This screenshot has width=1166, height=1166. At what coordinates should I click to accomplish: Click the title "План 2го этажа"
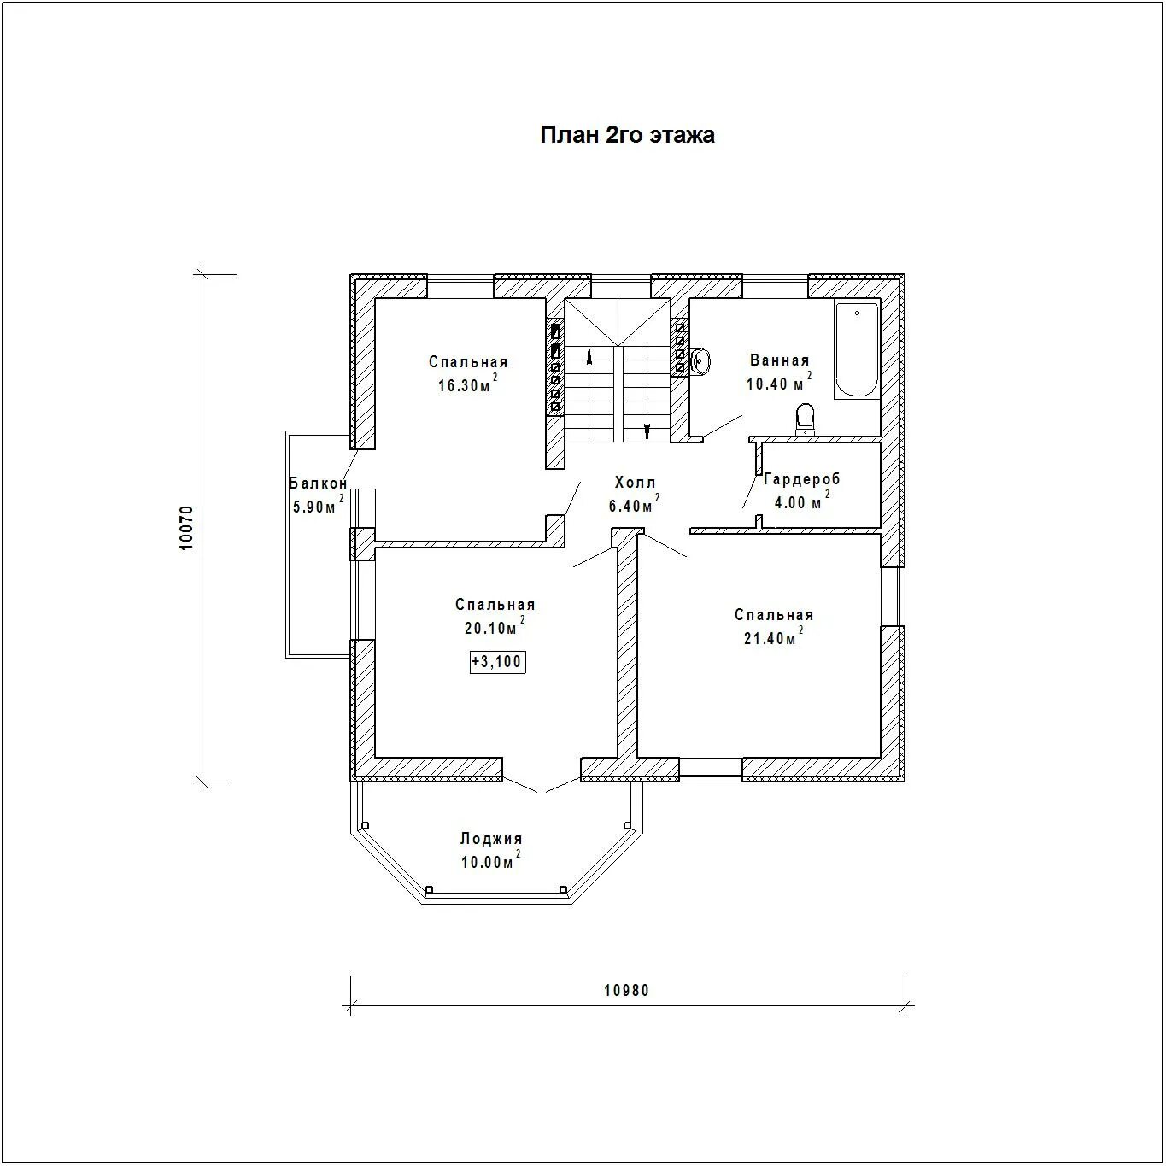pyautogui.click(x=627, y=134)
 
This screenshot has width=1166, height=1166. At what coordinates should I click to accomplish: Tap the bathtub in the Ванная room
pyautogui.click(x=856, y=349)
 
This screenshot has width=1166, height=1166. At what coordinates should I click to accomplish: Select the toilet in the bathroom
pyautogui.click(x=805, y=419)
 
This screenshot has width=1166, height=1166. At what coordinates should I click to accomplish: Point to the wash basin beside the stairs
pyautogui.click(x=700, y=360)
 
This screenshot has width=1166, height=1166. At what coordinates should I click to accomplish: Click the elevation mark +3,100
pyautogui.click(x=497, y=661)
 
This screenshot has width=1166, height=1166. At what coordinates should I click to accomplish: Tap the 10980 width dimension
pyautogui.click(x=626, y=991)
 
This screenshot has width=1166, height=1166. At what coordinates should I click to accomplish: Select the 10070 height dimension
pyautogui.click(x=187, y=528)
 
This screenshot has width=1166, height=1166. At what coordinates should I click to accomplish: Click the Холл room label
pyautogui.click(x=635, y=483)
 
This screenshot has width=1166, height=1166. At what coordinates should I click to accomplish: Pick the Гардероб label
pyautogui.click(x=802, y=478)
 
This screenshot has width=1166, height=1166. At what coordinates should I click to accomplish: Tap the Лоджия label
pyautogui.click(x=490, y=839)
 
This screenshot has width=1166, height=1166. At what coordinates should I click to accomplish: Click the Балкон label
pyautogui.click(x=318, y=483)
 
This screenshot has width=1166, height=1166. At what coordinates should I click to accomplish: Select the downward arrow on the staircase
pyautogui.click(x=647, y=431)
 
